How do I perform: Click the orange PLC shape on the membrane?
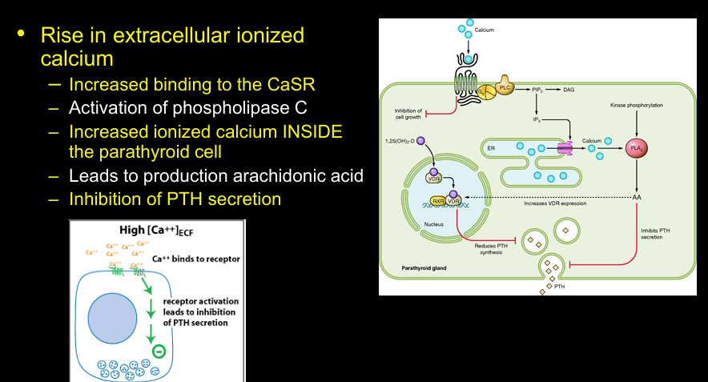(505, 87)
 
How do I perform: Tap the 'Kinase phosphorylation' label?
(636, 105)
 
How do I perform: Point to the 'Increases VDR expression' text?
(555, 204)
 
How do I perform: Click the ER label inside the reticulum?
(489, 148)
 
